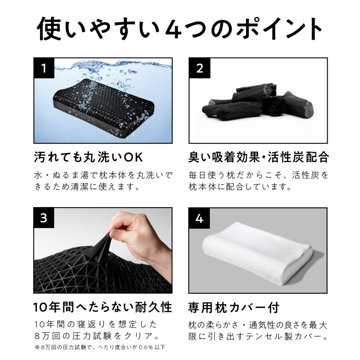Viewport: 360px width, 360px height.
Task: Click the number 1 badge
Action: tap(44, 68)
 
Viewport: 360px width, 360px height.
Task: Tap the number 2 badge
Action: tap(199, 68)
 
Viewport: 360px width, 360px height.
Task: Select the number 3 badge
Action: tap(44, 218)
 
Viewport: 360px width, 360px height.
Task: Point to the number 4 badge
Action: tap(199, 218)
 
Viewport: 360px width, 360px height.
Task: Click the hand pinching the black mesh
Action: tap(132, 240)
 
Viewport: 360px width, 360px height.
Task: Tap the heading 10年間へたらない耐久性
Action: tap(102, 307)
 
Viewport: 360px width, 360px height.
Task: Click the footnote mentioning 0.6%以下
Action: tap(100, 347)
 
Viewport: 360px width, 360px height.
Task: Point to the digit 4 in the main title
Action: tap(173, 29)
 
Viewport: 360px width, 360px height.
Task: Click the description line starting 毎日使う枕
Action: tap(258, 175)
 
